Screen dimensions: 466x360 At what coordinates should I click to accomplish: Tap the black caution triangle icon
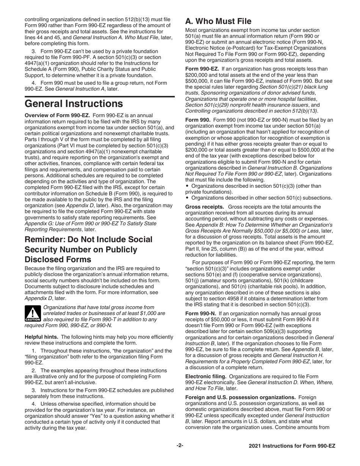pyautogui.click(x=33, y=313)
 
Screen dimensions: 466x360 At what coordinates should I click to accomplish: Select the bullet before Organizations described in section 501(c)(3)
pyautogui.click(x=188, y=186)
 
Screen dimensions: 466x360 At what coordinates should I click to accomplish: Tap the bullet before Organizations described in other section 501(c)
pyautogui.click(x=188, y=197)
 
